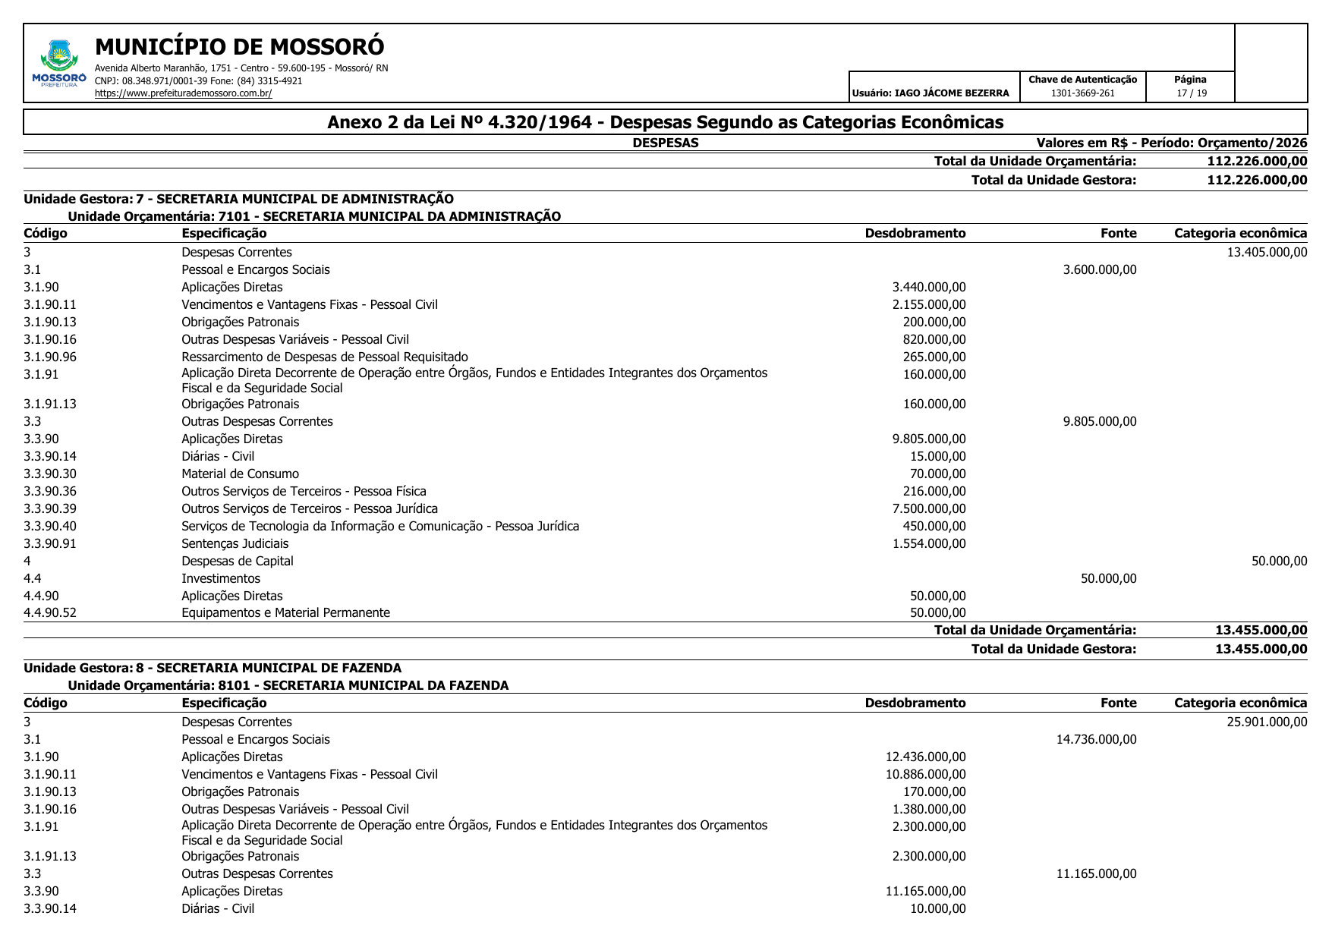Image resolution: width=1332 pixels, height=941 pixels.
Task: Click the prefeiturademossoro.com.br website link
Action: (183, 93)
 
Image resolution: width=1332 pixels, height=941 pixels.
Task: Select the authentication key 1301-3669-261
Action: (1082, 93)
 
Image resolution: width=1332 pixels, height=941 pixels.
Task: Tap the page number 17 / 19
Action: (1191, 93)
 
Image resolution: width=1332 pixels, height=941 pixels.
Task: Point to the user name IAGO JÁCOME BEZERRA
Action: (952, 93)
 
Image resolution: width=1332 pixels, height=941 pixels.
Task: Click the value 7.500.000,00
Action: (929, 508)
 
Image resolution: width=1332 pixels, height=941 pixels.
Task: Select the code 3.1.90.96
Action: (50, 357)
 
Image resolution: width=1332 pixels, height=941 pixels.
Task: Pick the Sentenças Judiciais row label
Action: (235, 543)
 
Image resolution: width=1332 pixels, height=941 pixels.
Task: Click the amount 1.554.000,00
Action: (929, 543)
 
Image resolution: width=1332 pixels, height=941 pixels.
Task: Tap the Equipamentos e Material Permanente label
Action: (285, 612)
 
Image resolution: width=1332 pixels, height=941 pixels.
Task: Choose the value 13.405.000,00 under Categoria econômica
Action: (1267, 252)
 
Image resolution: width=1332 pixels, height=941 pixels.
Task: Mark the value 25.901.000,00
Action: (1267, 722)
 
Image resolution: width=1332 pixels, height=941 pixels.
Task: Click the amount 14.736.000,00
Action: (1096, 739)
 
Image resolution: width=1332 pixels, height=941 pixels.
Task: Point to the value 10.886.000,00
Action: (925, 774)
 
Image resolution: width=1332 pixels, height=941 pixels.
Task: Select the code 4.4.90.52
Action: (50, 612)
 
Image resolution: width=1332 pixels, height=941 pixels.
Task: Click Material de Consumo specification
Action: (240, 474)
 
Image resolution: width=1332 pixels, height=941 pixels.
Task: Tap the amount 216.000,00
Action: (934, 491)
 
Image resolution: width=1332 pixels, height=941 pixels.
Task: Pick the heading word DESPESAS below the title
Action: (665, 143)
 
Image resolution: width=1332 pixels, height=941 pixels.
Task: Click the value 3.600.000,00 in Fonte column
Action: (1100, 269)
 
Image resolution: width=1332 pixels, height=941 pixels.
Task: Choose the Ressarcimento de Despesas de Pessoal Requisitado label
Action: (324, 357)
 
